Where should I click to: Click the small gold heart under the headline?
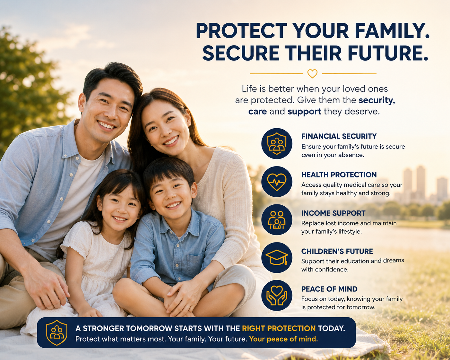[x=312, y=73]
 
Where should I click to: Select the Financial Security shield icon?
[x=277, y=143]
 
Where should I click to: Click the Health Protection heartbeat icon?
[x=277, y=182]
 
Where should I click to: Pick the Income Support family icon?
[x=277, y=219]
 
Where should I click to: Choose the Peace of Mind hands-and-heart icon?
[x=277, y=296]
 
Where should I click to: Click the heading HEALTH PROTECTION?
[x=339, y=175]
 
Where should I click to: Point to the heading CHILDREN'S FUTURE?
[x=337, y=251]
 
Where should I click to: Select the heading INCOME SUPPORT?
[x=333, y=213]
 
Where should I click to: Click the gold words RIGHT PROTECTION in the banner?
[x=279, y=329]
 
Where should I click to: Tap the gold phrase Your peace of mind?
[x=283, y=339]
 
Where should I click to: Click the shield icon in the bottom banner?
[x=57, y=333]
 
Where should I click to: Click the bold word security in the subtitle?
[x=377, y=100]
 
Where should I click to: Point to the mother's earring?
[x=189, y=124]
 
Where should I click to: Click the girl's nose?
[x=121, y=211]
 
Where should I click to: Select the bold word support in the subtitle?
[x=304, y=112]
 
